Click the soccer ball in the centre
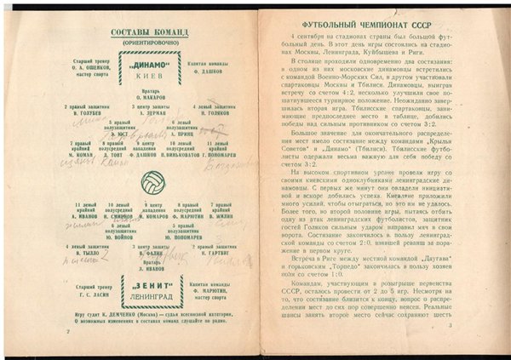(153, 181)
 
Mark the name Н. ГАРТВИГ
(219, 252)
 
